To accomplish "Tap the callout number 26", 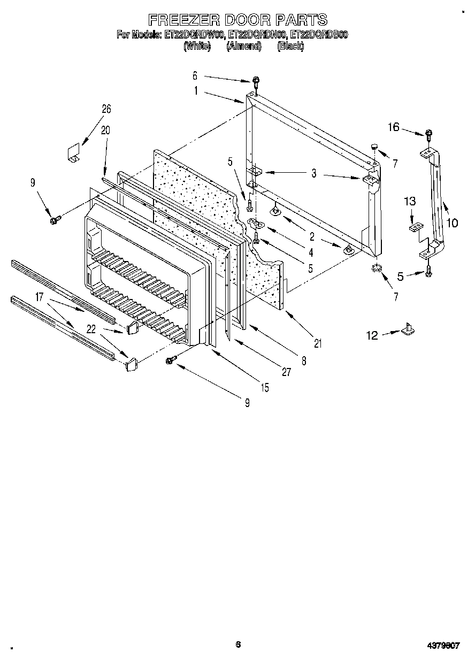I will pos(106,109).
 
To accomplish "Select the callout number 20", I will pos(105,129).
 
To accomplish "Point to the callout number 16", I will pos(394,127).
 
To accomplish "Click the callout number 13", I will pos(410,201).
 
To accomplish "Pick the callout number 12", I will pos(372,335).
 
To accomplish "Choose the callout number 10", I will pos(452,222).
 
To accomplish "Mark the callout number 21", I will pos(318,344).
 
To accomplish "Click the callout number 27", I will pos(287,372).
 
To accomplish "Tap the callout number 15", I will pos(265,388).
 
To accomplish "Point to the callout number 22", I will pos(91,330).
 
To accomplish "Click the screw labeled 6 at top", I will pos(257,82).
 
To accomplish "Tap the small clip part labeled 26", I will pos(73,151).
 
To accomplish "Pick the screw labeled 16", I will pos(429,134).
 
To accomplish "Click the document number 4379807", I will pos(443,646).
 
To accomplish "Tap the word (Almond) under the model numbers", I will pos(243,46).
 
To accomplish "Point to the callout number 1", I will pos(196,91).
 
